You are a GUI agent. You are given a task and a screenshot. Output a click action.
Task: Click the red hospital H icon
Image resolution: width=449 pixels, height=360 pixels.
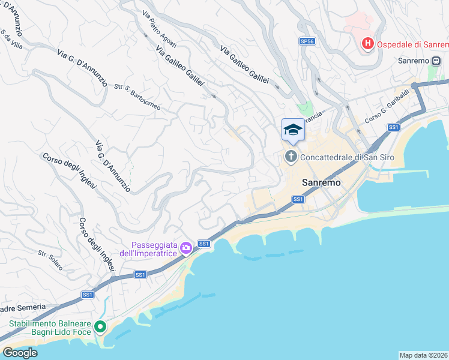367,44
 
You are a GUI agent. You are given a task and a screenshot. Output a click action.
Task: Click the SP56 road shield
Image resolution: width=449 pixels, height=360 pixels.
307,41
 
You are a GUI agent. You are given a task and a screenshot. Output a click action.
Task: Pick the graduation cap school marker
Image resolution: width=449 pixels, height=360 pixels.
292,130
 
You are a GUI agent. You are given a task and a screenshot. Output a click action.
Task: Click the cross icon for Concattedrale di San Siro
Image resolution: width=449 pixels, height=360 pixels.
291,157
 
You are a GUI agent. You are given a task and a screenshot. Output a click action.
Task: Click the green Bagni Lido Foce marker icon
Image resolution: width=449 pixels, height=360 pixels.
100,327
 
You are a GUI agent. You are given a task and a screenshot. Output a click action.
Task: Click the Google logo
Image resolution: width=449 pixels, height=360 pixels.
20,352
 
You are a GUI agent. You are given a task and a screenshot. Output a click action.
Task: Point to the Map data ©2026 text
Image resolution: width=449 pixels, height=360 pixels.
423,355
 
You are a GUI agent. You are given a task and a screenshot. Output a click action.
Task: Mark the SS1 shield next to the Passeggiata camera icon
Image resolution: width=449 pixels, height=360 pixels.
204,243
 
